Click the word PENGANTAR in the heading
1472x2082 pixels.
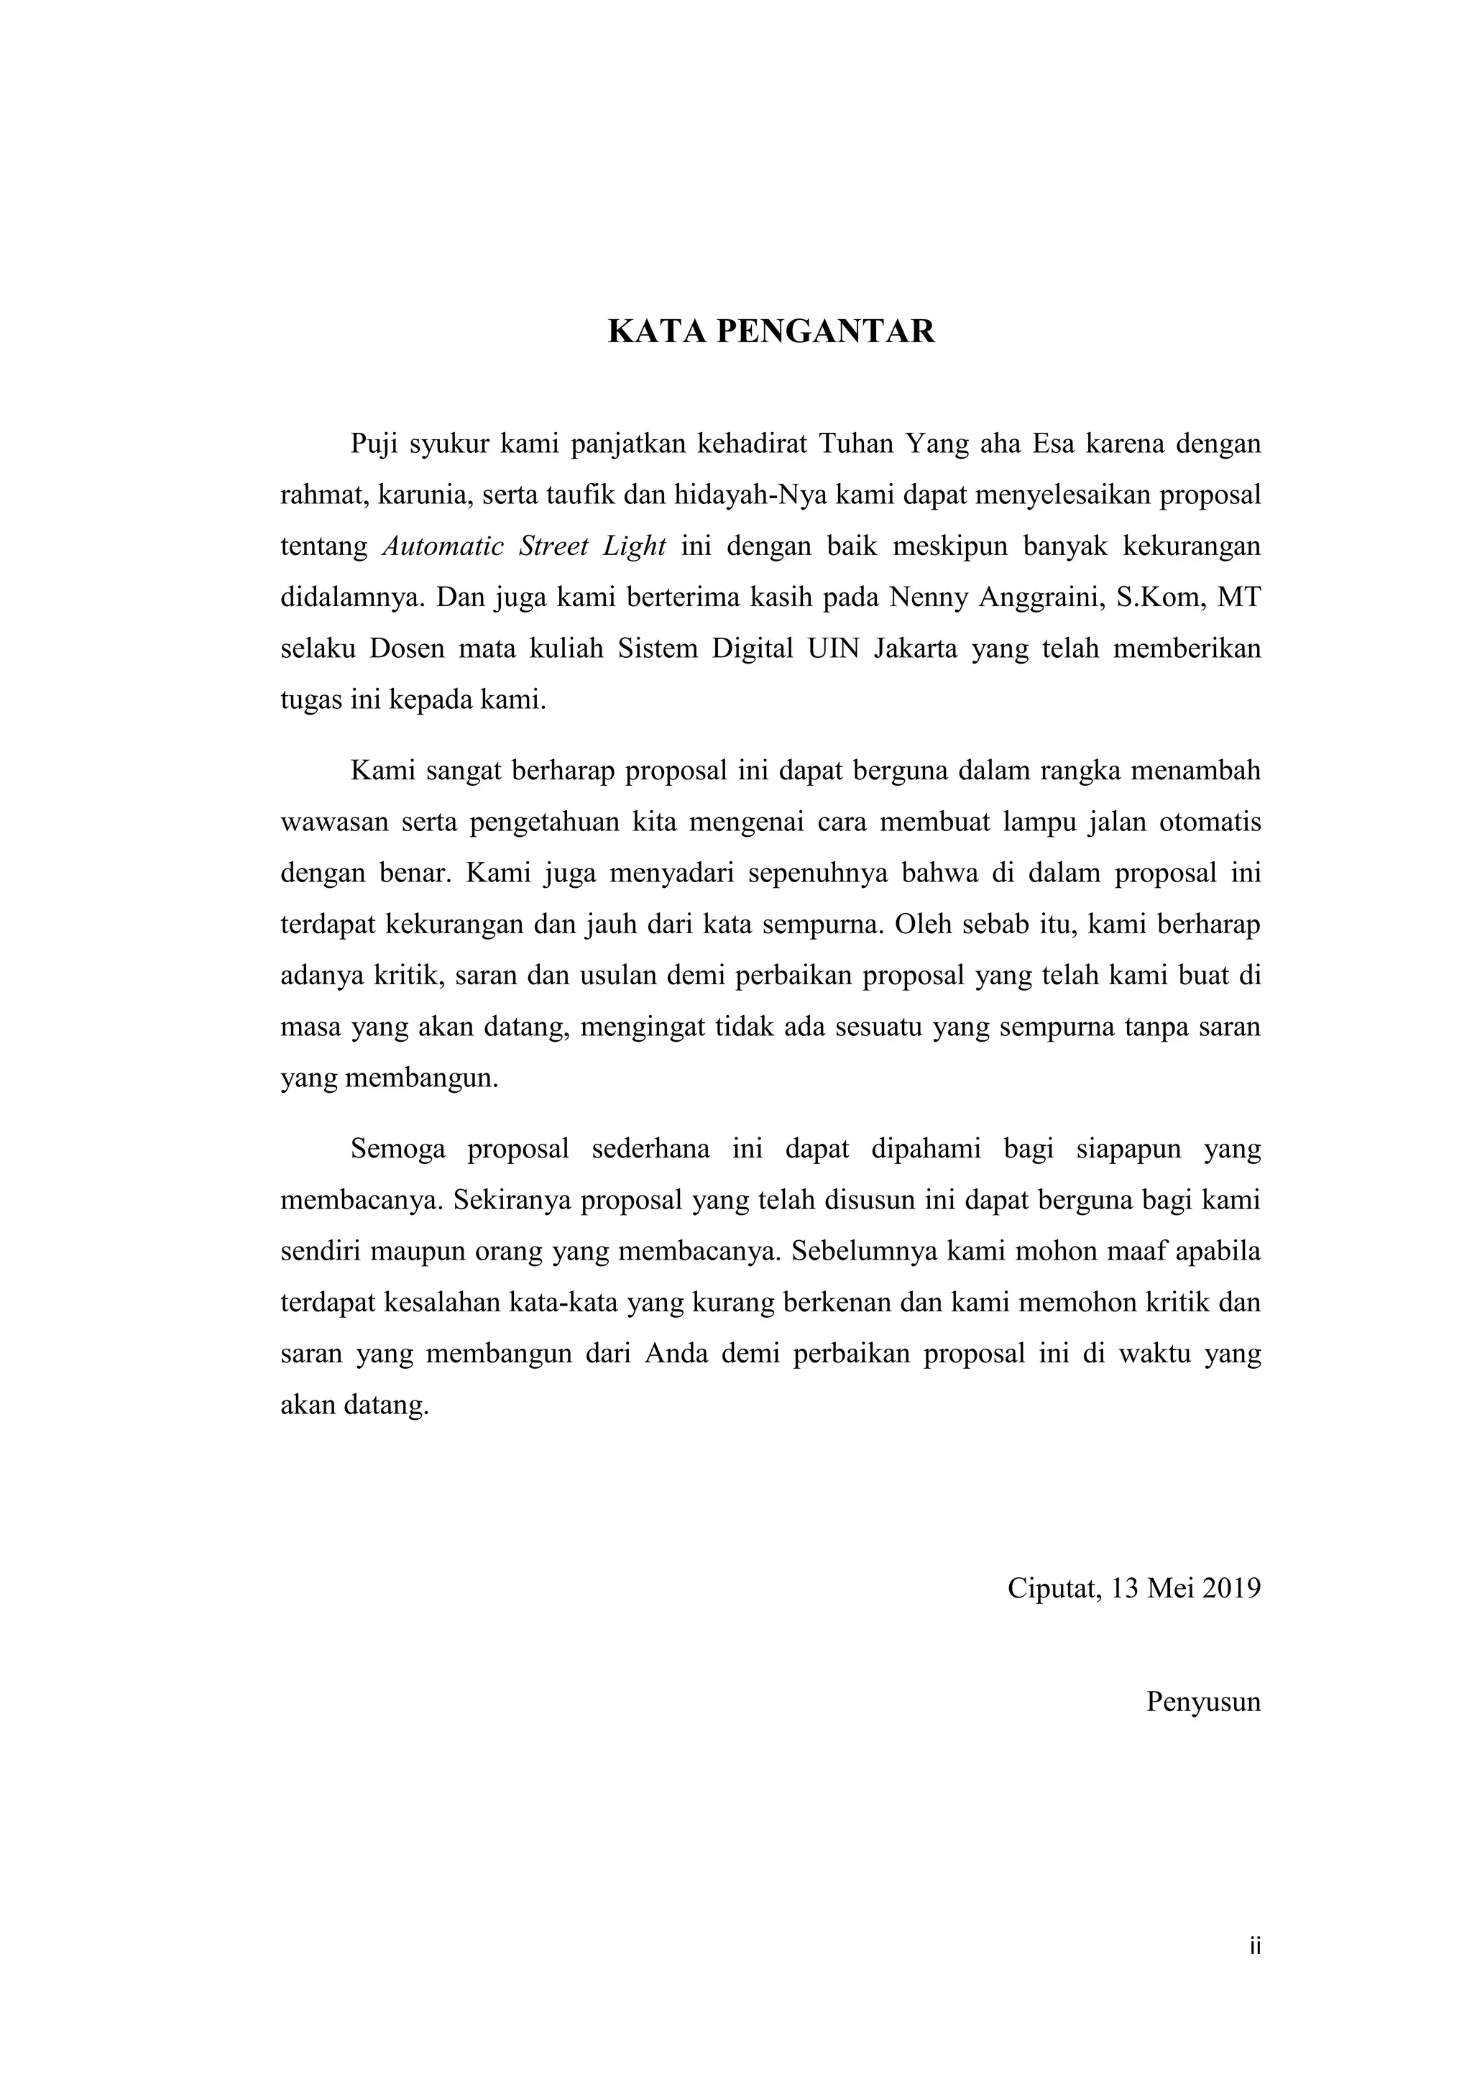tap(826, 332)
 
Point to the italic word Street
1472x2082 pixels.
tap(554, 547)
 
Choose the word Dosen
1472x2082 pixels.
tap(402, 649)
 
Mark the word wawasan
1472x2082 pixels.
tap(333, 822)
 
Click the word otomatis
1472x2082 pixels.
tap(1211, 822)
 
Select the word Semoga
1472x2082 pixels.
tap(398, 1149)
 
